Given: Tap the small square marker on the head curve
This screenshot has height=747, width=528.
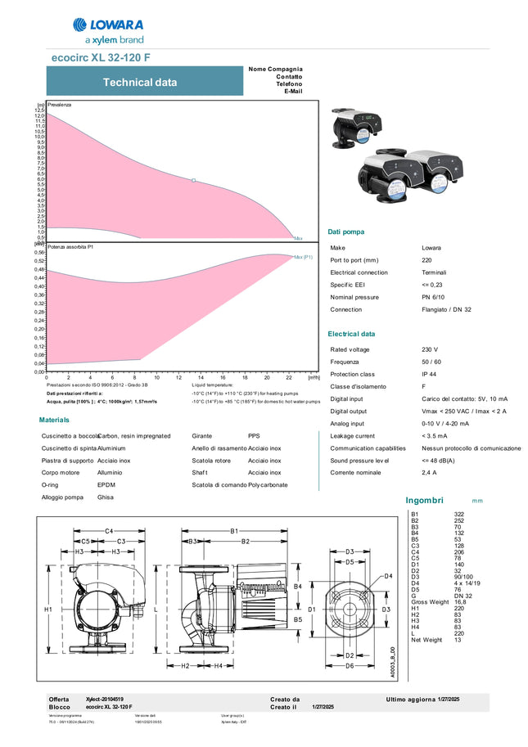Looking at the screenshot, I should click(193, 180).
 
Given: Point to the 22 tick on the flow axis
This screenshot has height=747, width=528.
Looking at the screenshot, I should click(289, 377).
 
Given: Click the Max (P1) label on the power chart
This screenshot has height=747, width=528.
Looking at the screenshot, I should click(303, 257).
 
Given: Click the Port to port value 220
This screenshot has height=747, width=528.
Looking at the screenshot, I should click(427, 260).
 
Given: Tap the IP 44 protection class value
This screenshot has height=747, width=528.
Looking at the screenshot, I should click(428, 373).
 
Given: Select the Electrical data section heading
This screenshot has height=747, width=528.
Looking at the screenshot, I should click(351, 334).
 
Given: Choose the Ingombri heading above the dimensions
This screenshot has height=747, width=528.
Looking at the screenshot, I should click(424, 500).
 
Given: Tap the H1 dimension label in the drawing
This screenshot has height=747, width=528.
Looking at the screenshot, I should click(47, 610).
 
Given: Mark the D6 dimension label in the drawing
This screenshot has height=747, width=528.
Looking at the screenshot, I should click(350, 667).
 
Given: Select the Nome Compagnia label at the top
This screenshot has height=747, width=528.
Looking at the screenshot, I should click(275, 69).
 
